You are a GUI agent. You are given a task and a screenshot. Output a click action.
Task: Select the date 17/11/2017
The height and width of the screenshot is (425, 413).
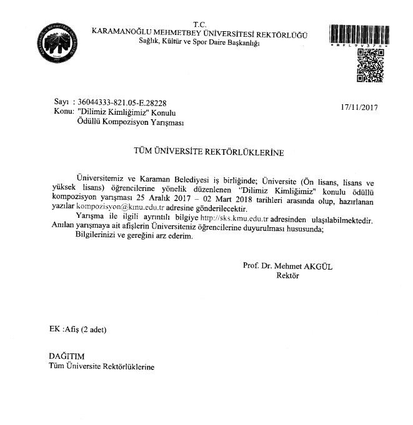tap(359, 107)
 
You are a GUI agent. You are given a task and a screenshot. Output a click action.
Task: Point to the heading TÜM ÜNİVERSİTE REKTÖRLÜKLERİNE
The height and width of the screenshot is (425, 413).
tap(206, 152)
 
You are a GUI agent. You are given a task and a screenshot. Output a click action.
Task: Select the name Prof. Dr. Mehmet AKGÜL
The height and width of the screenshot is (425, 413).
tap(287, 266)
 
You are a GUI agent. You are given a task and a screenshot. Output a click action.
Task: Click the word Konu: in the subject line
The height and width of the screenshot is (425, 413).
tap(64, 112)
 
